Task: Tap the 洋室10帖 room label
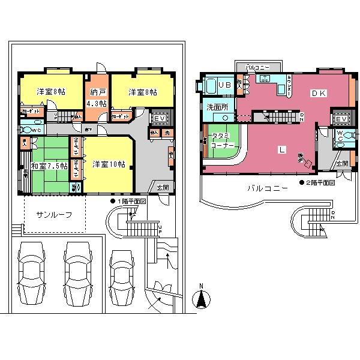point(109,164)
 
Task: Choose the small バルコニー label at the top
point(257,67)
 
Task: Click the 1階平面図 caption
point(131,202)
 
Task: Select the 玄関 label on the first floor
point(163,187)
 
